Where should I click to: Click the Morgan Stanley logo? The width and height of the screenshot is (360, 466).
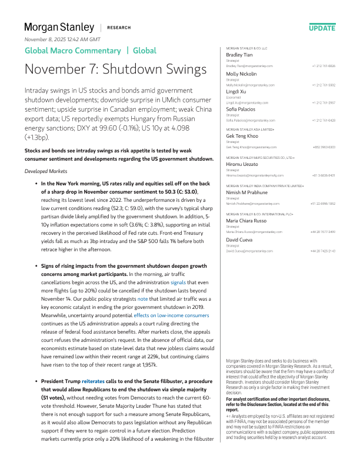[59, 27]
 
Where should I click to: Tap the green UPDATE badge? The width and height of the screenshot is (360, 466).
[322, 28]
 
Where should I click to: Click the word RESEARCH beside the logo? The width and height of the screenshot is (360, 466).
[118, 28]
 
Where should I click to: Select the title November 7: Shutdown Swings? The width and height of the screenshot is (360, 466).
[115, 69]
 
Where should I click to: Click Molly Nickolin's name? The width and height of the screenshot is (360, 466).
[242, 74]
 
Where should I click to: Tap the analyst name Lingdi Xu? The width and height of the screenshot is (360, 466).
[236, 92]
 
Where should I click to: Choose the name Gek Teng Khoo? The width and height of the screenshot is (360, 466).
[243, 135]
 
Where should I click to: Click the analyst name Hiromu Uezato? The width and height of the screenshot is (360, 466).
[242, 165]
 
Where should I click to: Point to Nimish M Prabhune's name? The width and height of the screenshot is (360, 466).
[247, 192]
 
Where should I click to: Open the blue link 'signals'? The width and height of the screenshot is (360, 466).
[178, 282]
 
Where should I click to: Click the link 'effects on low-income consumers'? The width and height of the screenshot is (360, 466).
[170, 315]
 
